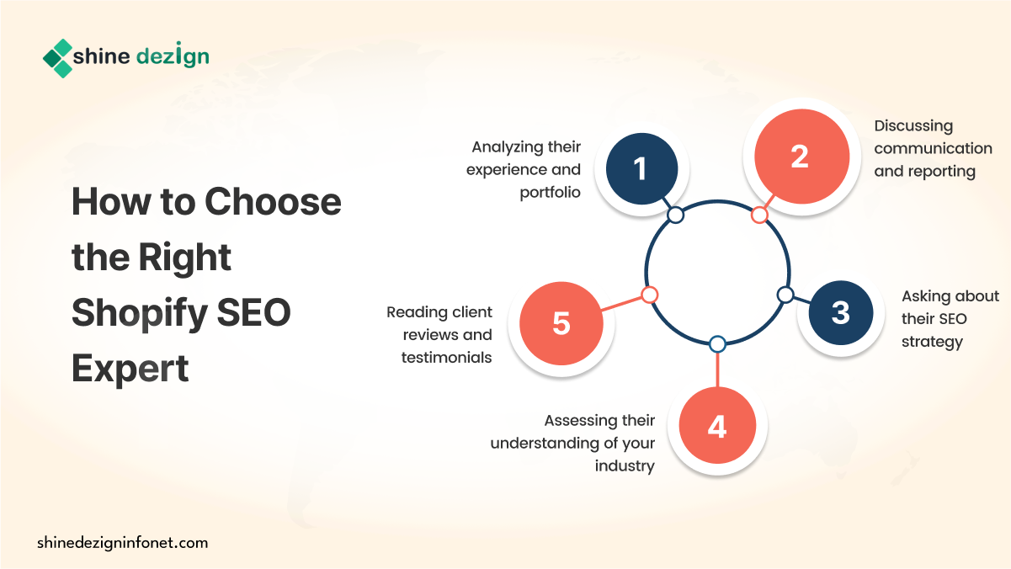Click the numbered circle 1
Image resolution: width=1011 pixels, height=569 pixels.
pos(641,168)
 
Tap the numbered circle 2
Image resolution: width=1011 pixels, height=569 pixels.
pos(802,157)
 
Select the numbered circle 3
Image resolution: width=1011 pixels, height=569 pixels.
pos(841,313)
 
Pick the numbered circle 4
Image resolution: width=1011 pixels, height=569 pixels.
pos(717,425)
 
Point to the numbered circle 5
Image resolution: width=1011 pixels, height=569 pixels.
pos(561,323)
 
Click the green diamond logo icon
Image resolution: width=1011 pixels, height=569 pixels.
pos(58,58)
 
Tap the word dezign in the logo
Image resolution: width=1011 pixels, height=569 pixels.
pos(173,56)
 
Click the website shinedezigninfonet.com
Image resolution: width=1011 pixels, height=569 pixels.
pos(123,543)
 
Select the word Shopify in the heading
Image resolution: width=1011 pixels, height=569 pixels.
pos(140,314)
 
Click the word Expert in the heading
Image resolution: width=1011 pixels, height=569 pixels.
pos(130,368)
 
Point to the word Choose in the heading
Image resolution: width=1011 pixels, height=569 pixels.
pos(273,201)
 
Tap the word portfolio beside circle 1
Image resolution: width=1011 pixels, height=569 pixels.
pos(551,193)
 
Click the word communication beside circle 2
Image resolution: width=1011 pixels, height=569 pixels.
pos(933,148)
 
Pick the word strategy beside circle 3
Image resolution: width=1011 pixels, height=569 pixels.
pos(932,342)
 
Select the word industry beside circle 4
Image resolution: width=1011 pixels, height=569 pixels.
pos(625,465)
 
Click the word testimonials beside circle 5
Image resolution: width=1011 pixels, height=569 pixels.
pos(446,358)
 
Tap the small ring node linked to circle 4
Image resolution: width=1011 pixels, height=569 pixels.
pos(717,344)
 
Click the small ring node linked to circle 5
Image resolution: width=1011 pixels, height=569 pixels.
pos(650,295)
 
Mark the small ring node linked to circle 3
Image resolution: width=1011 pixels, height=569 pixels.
pos(785,295)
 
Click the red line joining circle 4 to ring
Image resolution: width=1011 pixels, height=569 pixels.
pos(717,370)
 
